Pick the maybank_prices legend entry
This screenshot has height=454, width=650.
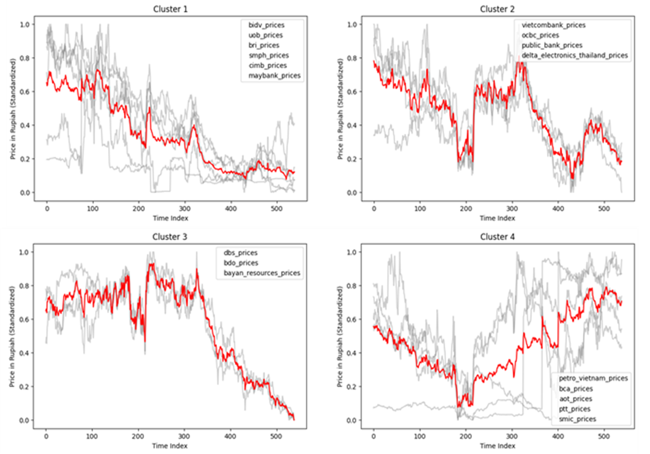click(275, 75)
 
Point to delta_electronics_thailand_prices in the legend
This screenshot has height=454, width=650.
click(574, 55)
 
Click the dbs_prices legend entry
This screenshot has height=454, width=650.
click(237, 253)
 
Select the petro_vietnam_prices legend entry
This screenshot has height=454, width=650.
click(593, 379)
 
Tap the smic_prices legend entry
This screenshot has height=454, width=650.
click(577, 419)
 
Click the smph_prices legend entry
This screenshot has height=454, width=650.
click(268, 55)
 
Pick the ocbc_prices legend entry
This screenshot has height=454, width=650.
click(539, 35)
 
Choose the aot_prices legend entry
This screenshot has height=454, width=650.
click(575, 399)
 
